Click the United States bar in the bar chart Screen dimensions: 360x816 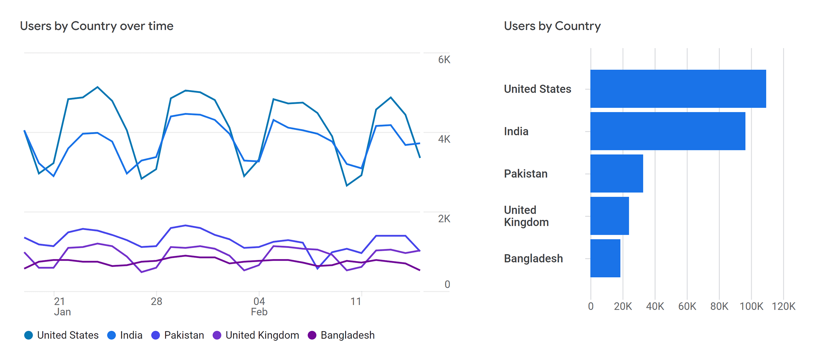click(678, 89)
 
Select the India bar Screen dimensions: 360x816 click(667, 131)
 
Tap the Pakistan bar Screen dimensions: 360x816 click(616, 174)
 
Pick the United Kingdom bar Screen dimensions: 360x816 click(609, 216)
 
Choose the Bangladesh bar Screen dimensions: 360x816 click(605, 258)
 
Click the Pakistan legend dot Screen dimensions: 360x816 click(156, 335)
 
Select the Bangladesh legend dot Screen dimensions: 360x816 click(312, 335)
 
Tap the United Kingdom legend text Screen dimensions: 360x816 click(262, 335)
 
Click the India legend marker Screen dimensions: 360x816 click(112, 335)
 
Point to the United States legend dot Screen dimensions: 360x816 click(29, 335)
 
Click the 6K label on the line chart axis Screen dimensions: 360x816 click(444, 60)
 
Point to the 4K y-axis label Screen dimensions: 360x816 click(444, 139)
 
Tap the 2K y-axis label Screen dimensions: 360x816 click(444, 219)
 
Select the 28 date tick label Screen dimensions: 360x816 click(156, 301)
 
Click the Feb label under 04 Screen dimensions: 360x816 click(259, 312)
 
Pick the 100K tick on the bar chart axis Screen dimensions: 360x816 click(751, 306)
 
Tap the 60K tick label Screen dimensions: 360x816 click(687, 306)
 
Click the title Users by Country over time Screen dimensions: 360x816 click(97, 26)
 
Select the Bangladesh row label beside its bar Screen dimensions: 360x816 click(533, 258)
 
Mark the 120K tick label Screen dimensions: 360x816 click(783, 306)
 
